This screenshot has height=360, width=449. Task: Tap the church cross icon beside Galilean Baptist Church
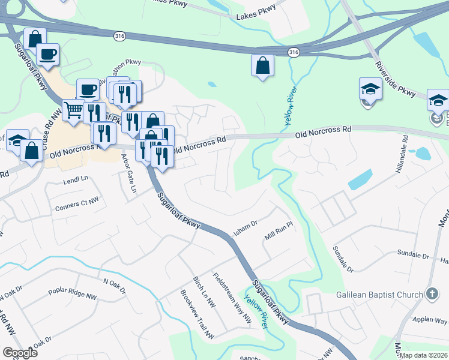tap(431, 294)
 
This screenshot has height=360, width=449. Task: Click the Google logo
tap(20, 352)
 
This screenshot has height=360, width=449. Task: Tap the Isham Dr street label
tap(245, 227)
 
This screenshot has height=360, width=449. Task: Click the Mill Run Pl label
tap(278, 231)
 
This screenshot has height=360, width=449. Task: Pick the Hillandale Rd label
tap(400, 155)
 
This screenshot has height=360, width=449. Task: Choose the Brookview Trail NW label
tap(196, 313)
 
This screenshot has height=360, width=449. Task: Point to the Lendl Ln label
tap(76, 179)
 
